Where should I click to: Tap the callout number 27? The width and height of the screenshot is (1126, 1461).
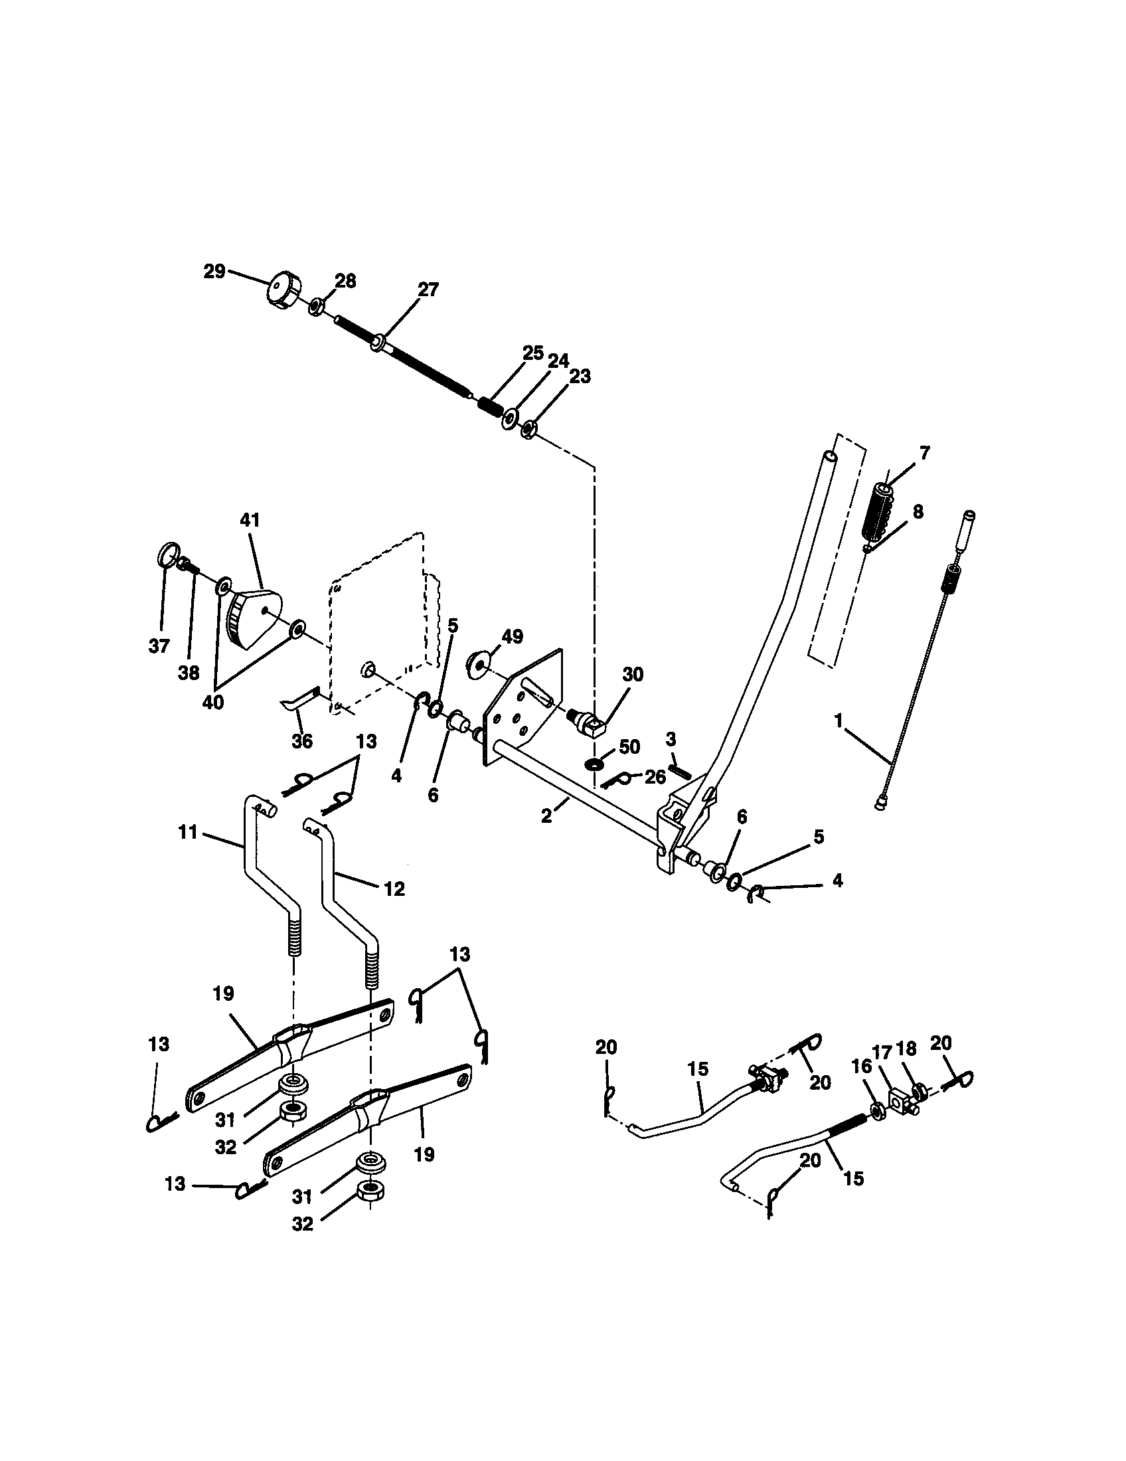click(428, 290)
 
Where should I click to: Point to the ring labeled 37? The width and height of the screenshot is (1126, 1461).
click(169, 555)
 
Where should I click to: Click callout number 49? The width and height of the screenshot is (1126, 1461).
click(512, 636)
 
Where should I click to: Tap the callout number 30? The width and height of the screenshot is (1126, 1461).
click(632, 674)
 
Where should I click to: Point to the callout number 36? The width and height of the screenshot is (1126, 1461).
click(302, 741)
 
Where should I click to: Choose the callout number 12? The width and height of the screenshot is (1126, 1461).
click(394, 889)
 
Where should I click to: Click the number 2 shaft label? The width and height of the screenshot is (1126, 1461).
click(546, 816)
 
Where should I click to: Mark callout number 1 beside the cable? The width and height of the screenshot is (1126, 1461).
click(839, 721)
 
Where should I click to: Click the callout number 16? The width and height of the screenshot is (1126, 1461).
click(862, 1070)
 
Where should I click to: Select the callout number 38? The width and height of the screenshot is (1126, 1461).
click(189, 673)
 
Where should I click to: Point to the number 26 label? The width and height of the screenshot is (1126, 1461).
click(655, 777)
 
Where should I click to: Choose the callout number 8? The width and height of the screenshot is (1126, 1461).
click(918, 512)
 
